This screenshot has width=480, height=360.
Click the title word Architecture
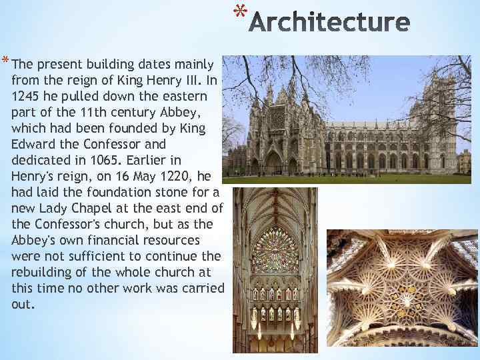click(x=331, y=23)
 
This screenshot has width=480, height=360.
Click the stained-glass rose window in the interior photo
click(x=275, y=250)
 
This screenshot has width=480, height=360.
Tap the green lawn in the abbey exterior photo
click(x=347, y=179)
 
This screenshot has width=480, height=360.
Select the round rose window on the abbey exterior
click(x=275, y=119)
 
